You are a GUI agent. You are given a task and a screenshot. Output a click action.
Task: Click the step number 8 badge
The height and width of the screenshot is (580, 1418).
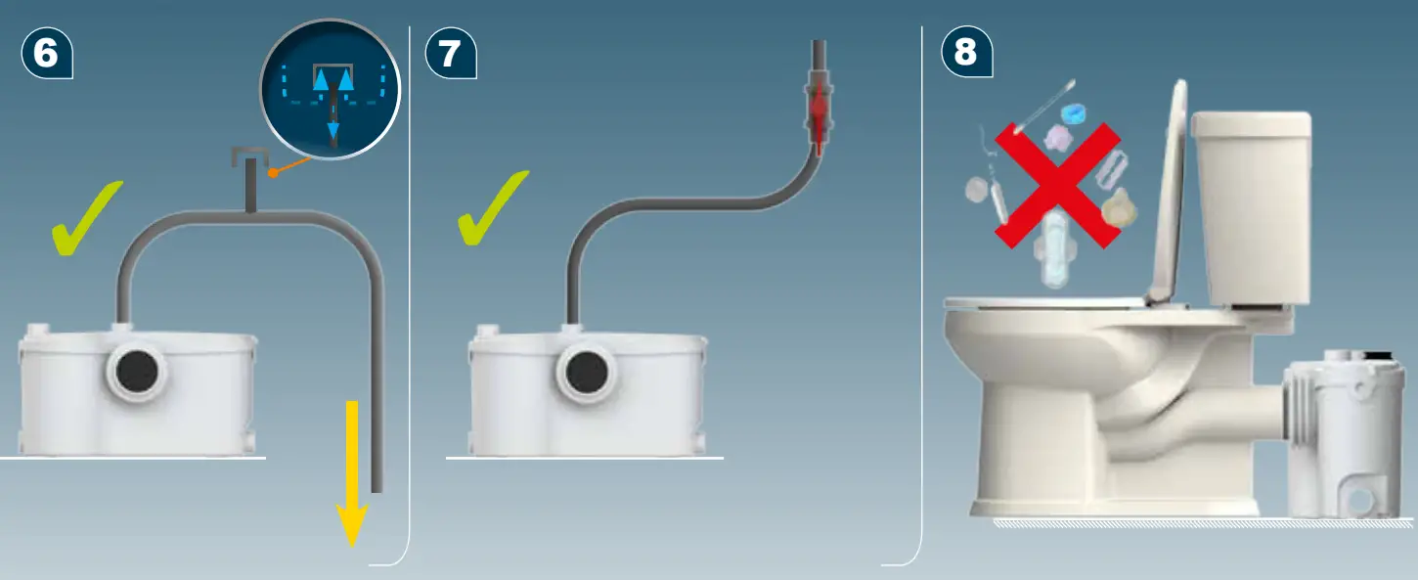pos(965,53)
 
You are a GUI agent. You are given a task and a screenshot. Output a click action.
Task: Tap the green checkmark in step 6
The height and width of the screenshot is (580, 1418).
pos(87,220)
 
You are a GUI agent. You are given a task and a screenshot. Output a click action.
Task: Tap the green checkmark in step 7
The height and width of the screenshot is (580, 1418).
pos(493,209)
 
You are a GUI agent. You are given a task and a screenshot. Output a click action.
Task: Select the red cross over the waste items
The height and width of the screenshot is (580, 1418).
pos(1057,185)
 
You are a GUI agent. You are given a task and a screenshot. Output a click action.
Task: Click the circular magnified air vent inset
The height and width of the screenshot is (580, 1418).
pos(331,90)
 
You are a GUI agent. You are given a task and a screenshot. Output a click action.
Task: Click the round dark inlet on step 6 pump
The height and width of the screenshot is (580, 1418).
pos(137,372)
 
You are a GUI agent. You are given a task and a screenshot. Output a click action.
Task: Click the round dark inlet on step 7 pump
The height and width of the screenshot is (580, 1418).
pos(588,372)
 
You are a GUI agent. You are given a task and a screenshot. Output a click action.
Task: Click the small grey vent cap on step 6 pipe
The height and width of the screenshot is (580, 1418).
pos(250,156)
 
